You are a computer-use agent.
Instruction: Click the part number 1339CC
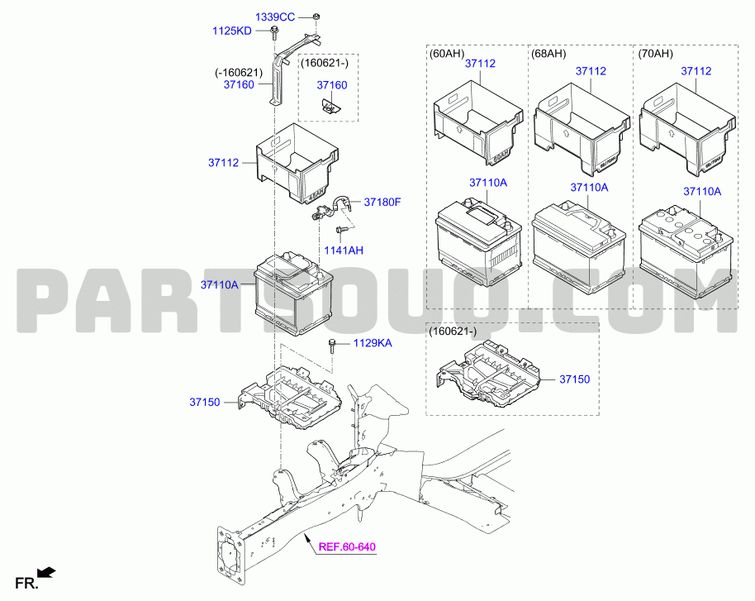pos(274,17)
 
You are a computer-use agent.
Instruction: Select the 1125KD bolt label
pos(231,31)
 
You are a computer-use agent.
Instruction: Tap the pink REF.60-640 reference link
pos(347,547)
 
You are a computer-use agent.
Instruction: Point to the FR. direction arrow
pos(47,573)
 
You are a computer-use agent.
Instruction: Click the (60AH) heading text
pos(446,53)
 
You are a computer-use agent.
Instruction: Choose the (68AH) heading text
pos(548,53)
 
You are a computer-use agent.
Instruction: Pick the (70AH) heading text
pos(655,53)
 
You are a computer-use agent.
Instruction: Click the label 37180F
pos(382,202)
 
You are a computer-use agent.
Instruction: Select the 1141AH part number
pos(344,250)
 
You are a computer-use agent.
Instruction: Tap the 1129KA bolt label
pos(373,343)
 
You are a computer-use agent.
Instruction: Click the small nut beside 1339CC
pos(316,17)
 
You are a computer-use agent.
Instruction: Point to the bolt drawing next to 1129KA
pos(332,346)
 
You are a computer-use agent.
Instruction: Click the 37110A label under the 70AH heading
pos(702,191)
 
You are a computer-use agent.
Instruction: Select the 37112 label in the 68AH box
pos(591,71)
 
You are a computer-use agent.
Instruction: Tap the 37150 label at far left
pos(205,402)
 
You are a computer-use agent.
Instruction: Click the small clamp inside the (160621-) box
pos(330,106)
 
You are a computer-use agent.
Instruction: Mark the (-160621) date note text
pos(239,73)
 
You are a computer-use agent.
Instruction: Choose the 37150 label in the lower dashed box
pos(574,379)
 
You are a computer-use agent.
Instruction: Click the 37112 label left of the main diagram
pos(223,162)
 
